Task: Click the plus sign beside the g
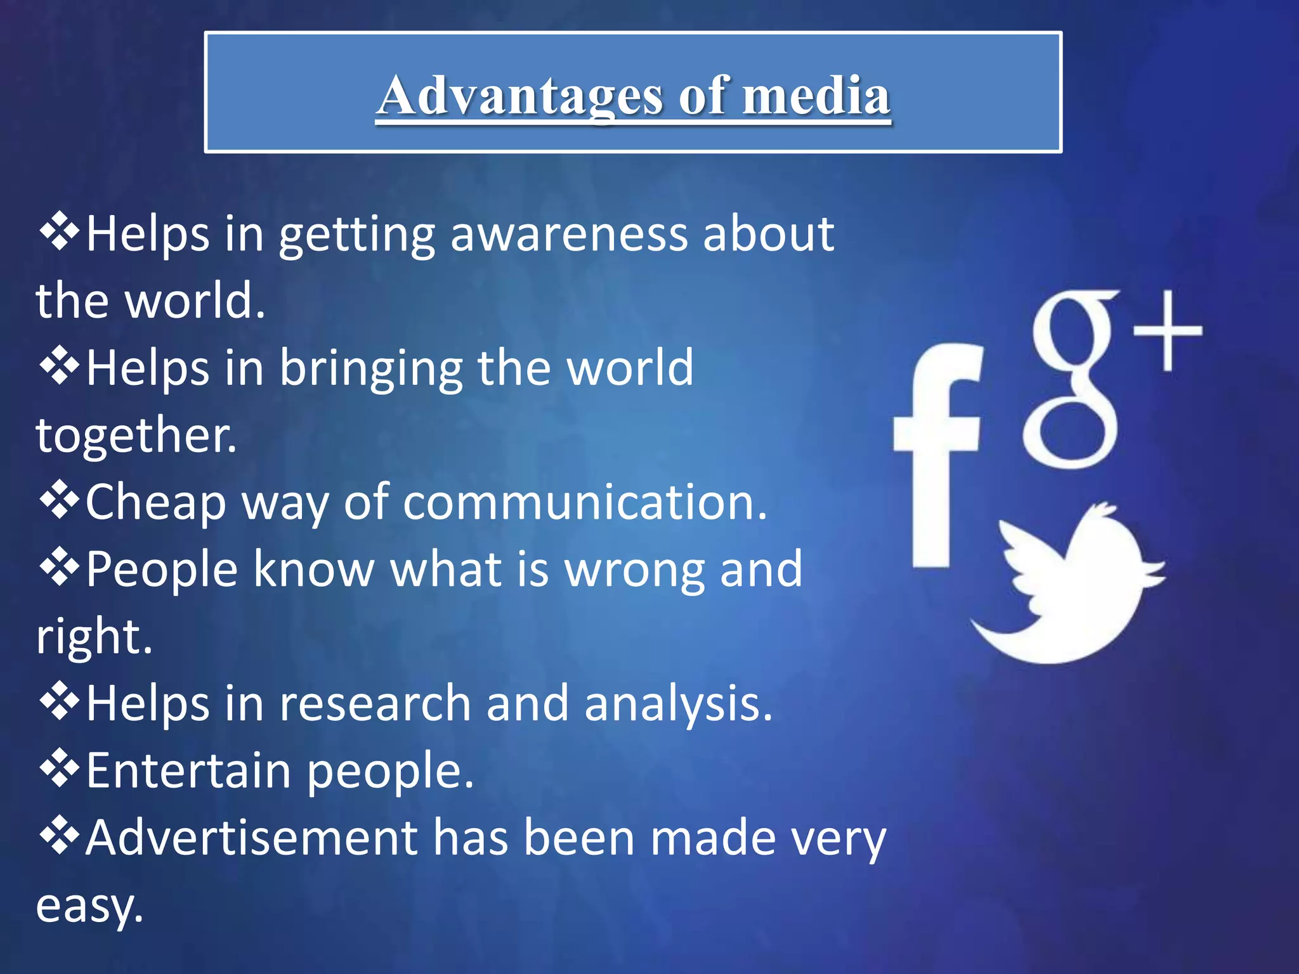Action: click(x=1167, y=330)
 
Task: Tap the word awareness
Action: click(x=569, y=234)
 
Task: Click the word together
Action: click(x=136, y=435)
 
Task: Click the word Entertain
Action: click(x=188, y=771)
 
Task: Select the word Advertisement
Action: click(x=251, y=838)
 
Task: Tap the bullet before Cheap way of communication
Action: click(x=60, y=500)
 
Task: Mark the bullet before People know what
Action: click(x=60, y=567)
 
